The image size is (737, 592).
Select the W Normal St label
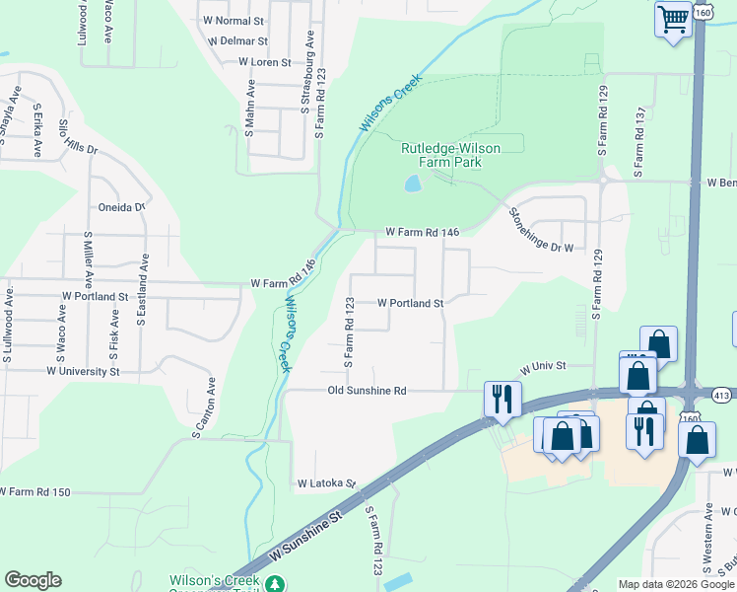tap(234, 20)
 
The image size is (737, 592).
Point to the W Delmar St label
tap(238, 41)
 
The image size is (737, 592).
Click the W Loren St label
tap(265, 61)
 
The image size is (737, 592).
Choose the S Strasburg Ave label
tap(308, 60)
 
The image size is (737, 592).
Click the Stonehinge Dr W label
tap(539, 229)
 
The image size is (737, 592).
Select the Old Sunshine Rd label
tap(367, 391)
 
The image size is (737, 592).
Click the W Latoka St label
tap(325, 483)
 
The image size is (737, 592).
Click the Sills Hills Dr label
tap(79, 136)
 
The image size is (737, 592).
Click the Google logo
tap(33, 580)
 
